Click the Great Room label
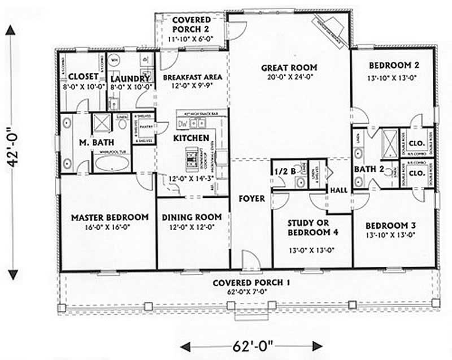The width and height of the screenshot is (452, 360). [x=289, y=68]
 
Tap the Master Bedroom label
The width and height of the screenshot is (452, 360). [x=110, y=217]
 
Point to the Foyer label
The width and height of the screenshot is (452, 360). [x=250, y=198]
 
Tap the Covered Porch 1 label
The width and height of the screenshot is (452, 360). [x=249, y=283]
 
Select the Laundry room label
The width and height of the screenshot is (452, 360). [x=130, y=78]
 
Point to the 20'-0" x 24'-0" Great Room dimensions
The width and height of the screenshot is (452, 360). [x=289, y=78]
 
